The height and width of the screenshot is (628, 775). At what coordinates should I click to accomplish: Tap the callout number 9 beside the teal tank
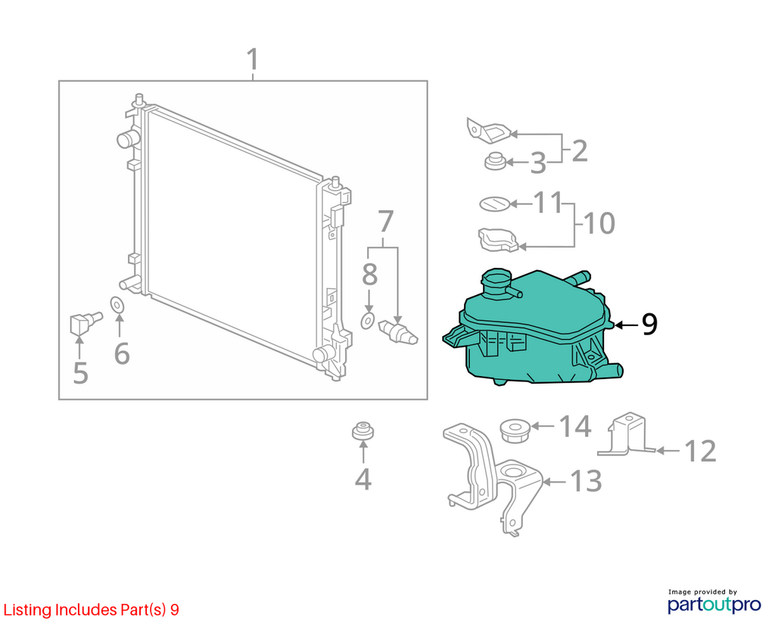click(x=649, y=324)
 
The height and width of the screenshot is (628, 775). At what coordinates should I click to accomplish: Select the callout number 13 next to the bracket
click(x=587, y=480)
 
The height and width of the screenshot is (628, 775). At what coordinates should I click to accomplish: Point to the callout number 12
click(x=700, y=451)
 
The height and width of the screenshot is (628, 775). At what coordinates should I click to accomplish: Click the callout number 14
click(x=575, y=426)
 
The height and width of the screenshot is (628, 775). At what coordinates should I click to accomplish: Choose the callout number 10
click(x=599, y=223)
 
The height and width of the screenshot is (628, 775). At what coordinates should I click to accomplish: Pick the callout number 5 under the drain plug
click(x=80, y=372)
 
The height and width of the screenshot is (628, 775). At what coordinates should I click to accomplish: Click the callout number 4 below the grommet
click(x=363, y=479)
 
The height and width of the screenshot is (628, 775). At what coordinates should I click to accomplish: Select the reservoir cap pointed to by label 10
click(x=497, y=240)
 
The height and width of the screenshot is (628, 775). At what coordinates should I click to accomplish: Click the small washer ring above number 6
click(x=117, y=306)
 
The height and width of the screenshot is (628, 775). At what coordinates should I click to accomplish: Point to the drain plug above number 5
click(x=85, y=322)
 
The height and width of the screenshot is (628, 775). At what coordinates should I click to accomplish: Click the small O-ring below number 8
click(x=367, y=321)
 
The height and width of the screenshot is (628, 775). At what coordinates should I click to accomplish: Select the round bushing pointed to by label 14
click(x=515, y=431)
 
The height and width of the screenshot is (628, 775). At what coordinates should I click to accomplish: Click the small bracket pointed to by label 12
click(x=625, y=435)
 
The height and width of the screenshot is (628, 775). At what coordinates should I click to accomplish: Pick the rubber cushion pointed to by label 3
click(x=495, y=161)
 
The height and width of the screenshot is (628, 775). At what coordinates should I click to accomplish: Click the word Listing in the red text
click(x=27, y=610)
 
